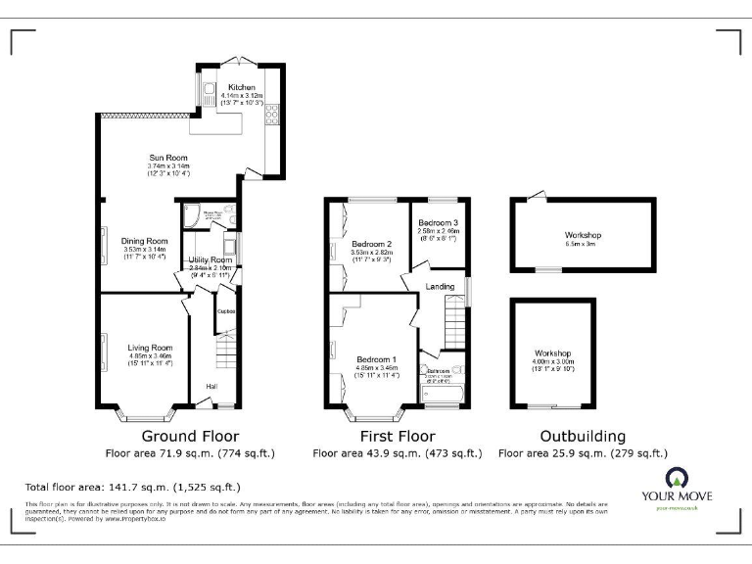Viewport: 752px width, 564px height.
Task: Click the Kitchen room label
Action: (241, 87)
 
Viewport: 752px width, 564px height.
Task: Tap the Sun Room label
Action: (167, 158)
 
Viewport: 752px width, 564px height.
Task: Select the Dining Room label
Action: (144, 241)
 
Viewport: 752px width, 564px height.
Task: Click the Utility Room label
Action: (209, 258)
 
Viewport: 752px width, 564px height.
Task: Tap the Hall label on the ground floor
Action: (211, 386)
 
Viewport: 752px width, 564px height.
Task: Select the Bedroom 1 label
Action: (377, 358)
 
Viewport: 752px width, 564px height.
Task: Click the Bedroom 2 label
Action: (371, 244)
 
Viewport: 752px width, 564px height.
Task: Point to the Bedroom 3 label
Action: (438, 223)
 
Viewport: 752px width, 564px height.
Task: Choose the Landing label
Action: (438, 286)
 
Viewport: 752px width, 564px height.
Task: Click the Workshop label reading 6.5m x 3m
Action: (582, 236)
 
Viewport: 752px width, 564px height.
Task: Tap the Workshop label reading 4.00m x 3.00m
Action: (552, 352)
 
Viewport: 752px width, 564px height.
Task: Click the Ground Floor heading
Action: (190, 436)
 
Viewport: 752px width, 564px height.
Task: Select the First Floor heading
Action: (397, 436)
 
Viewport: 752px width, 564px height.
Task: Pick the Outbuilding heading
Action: (583, 436)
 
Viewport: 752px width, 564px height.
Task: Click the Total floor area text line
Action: (132, 487)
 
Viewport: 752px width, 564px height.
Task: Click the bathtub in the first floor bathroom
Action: (444, 396)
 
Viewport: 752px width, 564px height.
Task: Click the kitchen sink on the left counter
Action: (211, 93)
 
